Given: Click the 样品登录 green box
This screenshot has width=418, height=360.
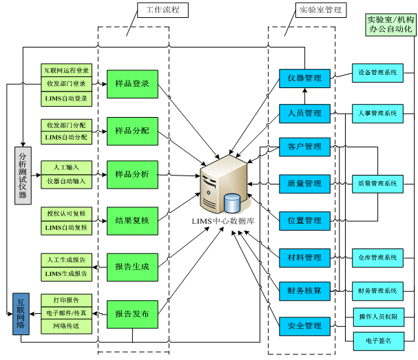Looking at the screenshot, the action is [x=132, y=84].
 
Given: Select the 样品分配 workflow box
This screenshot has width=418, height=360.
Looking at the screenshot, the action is [x=132, y=131].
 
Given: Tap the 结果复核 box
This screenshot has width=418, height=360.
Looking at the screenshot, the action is [x=132, y=221].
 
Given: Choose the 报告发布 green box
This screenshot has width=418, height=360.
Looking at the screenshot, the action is [x=132, y=315].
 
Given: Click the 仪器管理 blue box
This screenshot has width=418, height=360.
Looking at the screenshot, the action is [x=304, y=78].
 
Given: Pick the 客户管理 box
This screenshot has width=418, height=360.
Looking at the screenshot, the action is [x=304, y=147].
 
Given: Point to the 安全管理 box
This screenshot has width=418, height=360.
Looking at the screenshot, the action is [x=304, y=326].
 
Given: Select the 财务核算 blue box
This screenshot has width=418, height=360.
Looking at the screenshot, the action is [x=304, y=291].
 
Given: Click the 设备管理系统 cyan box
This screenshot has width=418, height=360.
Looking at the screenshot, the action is [x=377, y=73].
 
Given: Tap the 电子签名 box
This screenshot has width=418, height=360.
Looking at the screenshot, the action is [x=379, y=341].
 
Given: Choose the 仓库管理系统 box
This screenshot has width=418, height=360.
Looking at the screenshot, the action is [x=377, y=258].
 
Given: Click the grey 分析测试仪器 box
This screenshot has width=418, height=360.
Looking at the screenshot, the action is [x=23, y=176].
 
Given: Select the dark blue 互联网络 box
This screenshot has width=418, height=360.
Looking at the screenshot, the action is [x=21, y=314].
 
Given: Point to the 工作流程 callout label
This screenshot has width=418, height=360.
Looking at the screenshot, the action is [x=163, y=10].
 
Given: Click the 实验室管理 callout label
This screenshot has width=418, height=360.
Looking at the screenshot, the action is [x=321, y=10].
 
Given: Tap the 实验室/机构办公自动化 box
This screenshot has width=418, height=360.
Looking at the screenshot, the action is [x=390, y=25].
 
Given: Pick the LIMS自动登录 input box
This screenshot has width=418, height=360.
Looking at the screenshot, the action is [x=66, y=99].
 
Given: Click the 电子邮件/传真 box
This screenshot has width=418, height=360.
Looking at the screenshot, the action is [x=66, y=313].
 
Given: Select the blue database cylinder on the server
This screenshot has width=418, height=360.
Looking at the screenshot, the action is [x=232, y=203].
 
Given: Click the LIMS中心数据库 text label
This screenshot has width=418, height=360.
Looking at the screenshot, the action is [x=223, y=221].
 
